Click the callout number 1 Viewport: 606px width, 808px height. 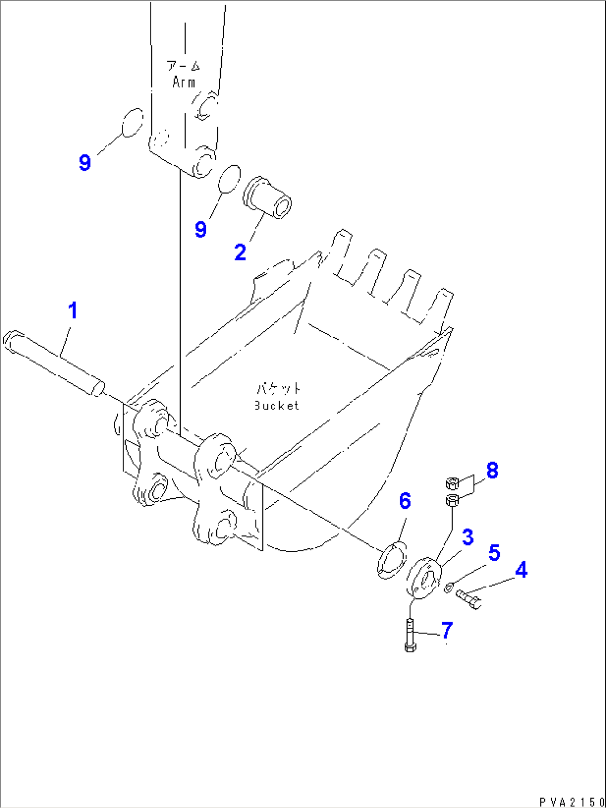point(73,311)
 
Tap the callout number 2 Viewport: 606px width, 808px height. point(240,252)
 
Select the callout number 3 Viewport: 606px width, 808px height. point(468,537)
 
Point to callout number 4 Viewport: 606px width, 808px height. point(521,570)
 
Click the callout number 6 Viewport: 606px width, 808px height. point(405,500)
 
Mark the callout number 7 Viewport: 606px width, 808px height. point(447,630)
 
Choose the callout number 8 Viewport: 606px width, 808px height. point(492,470)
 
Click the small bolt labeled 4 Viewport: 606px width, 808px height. point(468,599)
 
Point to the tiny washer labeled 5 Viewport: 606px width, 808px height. point(450,584)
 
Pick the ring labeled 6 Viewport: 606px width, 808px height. point(392,559)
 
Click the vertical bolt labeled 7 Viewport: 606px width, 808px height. point(410,634)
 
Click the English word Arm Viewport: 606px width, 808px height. point(184,82)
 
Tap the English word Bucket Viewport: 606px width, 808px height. point(276,405)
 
